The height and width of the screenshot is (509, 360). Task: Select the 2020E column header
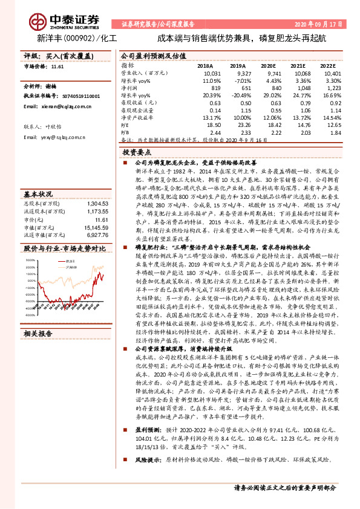point(272,65)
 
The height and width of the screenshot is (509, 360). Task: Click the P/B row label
point(126,132)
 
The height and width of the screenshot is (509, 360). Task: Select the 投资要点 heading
point(137,154)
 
